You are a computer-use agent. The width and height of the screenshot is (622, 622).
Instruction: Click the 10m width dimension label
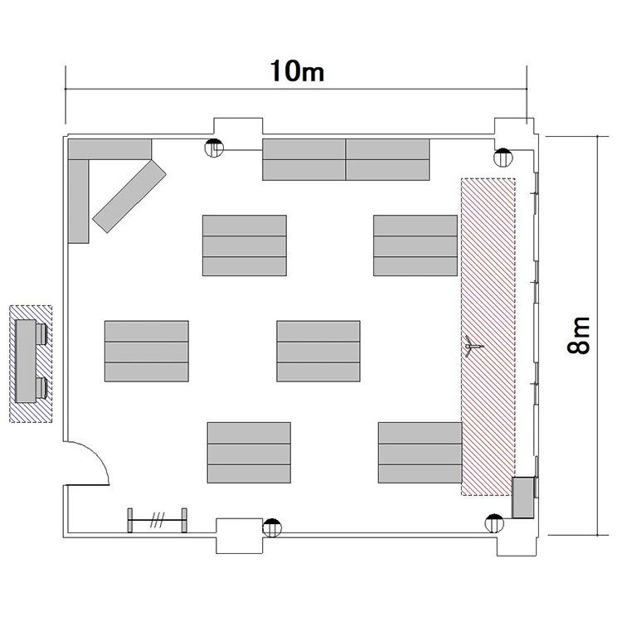(x=297, y=71)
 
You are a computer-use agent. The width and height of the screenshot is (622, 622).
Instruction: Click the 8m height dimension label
(x=578, y=335)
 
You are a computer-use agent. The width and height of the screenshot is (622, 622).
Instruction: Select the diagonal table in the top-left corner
(x=129, y=196)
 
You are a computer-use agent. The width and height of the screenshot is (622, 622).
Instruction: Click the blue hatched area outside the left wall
(x=31, y=364)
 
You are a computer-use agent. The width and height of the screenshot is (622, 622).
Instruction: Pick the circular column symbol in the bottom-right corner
(x=494, y=523)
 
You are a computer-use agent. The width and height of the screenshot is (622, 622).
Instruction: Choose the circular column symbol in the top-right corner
(x=503, y=158)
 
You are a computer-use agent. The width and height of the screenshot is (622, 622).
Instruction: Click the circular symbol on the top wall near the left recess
(x=214, y=148)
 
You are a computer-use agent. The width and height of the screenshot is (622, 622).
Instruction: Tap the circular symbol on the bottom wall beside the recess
(x=272, y=528)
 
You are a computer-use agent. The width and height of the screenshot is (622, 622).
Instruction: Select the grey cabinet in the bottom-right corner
(x=522, y=498)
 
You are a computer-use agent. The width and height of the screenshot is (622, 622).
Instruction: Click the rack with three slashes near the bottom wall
(x=157, y=520)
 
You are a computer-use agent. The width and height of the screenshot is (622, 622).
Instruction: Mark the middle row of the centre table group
(x=318, y=352)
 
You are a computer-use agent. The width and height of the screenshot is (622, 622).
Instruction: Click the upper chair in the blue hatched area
(x=41, y=334)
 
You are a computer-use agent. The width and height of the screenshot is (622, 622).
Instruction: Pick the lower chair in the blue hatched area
(x=41, y=387)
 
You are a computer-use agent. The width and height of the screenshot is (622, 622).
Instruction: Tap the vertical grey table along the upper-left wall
(x=79, y=202)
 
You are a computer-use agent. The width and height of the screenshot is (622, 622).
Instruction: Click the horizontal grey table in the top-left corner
(x=109, y=149)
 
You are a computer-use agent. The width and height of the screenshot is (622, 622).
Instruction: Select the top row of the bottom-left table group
(x=249, y=433)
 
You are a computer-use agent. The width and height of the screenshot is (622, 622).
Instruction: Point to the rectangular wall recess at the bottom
(x=239, y=536)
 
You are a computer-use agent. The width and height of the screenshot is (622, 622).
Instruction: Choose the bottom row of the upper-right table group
(x=415, y=266)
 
